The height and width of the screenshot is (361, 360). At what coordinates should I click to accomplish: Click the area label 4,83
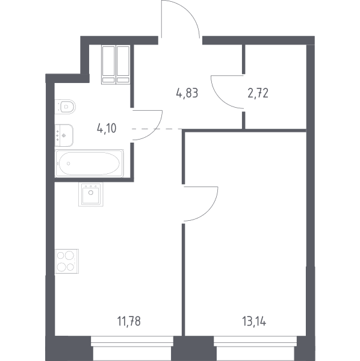click(x=187, y=93)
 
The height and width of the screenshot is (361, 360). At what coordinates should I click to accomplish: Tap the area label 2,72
click(x=258, y=93)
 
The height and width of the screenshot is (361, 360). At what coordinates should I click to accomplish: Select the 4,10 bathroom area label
click(x=107, y=128)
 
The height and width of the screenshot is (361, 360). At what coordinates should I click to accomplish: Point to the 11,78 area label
click(x=129, y=321)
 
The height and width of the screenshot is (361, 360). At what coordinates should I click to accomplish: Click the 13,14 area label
click(x=254, y=321)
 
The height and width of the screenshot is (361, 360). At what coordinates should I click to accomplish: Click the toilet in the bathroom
click(x=65, y=106)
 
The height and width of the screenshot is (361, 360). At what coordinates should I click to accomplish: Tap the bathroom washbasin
click(x=64, y=135)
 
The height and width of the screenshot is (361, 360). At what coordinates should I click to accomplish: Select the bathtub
click(x=89, y=164)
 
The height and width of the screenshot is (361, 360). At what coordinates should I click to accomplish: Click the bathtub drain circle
click(x=69, y=164)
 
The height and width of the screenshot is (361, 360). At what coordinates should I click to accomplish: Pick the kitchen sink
click(x=91, y=194)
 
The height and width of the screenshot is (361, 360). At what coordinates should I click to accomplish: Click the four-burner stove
click(x=67, y=261)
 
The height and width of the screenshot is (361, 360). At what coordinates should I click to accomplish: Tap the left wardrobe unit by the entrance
click(x=108, y=64)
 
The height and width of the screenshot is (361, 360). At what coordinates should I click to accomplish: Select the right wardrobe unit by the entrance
click(x=123, y=64)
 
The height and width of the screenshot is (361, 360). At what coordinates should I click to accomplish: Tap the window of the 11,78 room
click(x=132, y=341)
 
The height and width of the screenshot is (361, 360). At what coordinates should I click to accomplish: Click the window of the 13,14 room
click(x=255, y=341)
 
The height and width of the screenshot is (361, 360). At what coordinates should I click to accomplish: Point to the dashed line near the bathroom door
click(x=157, y=129)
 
